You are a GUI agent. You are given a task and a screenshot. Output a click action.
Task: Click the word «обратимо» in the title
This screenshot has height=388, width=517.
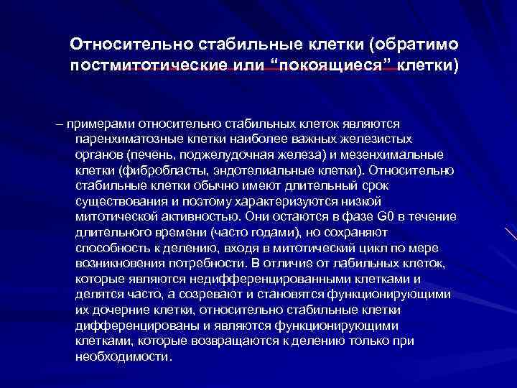click(x=413, y=45)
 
